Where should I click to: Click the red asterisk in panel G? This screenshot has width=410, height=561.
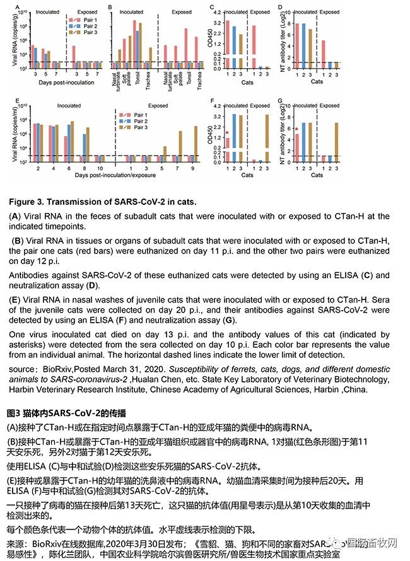pyautogui.click(x=297, y=129)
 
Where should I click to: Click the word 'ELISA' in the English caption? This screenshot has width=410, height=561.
pyautogui.click(x=368, y=275)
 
